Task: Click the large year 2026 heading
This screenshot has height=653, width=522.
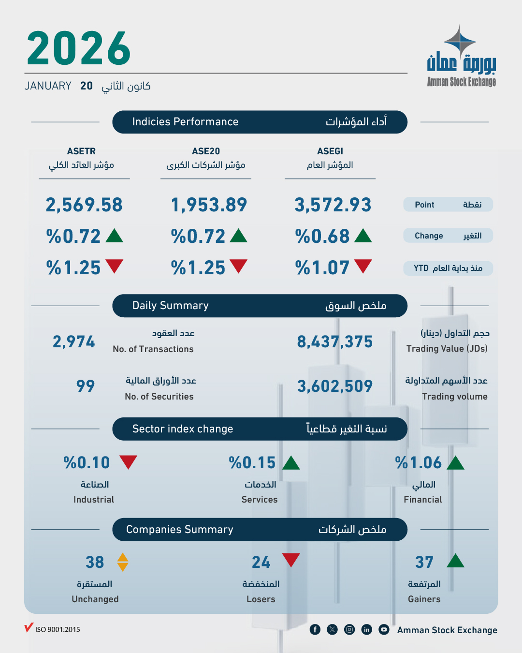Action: point(79,48)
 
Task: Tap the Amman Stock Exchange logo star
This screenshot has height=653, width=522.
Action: point(460,42)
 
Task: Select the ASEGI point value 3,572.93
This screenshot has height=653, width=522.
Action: point(333,205)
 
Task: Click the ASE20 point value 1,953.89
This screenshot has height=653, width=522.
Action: point(209,205)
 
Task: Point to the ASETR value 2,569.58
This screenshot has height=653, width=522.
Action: point(84,205)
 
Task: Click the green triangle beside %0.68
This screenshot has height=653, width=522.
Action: point(363,236)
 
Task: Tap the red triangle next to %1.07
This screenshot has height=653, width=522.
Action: point(363,266)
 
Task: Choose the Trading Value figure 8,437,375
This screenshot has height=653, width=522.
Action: point(334,342)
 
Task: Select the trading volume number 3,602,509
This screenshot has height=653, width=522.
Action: point(334,386)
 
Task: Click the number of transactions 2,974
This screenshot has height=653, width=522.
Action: point(74,342)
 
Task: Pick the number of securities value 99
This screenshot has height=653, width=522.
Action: point(86,386)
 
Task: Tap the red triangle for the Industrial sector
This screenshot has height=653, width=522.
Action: point(128,462)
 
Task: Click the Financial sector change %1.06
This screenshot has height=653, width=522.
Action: point(419,463)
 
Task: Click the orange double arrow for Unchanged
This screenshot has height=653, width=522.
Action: point(123,562)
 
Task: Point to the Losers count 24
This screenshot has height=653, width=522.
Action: point(261,562)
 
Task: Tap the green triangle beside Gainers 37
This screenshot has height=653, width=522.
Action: point(455,561)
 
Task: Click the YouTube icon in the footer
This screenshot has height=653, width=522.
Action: point(384,629)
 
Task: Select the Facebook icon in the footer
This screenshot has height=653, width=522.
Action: point(315,629)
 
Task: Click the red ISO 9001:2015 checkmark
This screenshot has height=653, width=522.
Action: point(29,628)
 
